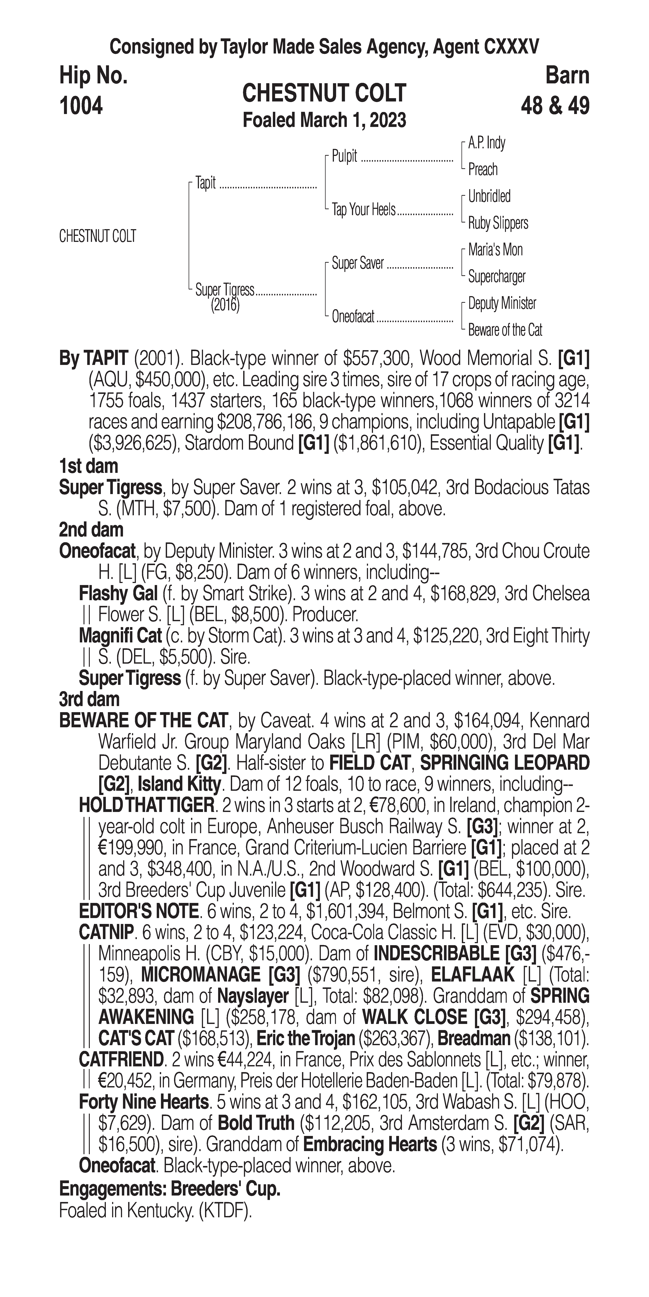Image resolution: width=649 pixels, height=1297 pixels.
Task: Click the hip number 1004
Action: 81,106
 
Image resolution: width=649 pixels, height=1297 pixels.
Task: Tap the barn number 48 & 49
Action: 555,106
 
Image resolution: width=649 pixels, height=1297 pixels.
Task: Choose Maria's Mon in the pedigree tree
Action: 495,250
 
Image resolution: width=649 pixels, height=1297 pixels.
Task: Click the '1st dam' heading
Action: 88,466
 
